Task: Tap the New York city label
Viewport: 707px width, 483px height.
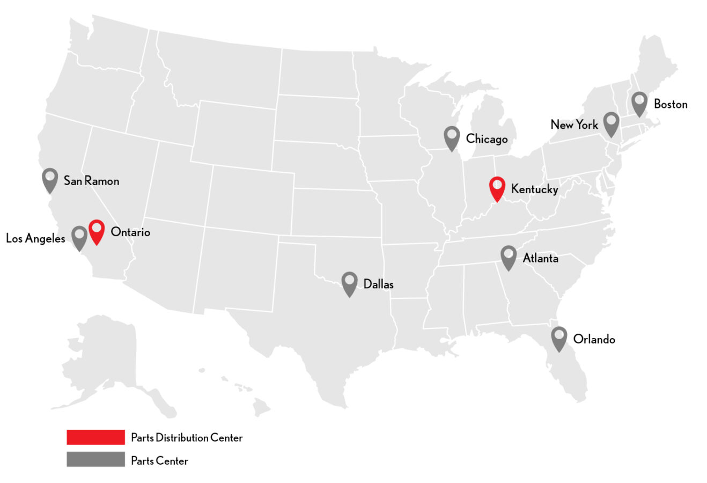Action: tap(574, 125)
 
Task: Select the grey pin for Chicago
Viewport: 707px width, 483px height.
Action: tap(452, 137)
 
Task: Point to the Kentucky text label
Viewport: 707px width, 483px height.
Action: tap(534, 189)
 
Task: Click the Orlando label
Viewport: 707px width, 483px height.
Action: tap(594, 339)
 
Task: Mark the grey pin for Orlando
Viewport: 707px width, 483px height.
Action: tap(559, 338)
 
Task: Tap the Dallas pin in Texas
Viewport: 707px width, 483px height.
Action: tap(349, 282)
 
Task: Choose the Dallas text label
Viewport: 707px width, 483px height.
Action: tap(378, 284)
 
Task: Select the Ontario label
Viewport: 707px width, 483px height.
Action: tap(130, 232)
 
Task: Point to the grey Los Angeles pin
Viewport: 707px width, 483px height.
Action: tap(79, 237)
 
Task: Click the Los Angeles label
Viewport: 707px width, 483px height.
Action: tap(35, 238)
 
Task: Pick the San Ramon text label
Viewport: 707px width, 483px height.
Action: tap(91, 181)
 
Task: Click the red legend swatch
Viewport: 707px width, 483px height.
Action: tap(95, 437)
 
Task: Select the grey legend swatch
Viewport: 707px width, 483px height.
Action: tap(95, 459)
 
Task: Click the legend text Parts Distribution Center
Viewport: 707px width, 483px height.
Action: tap(187, 438)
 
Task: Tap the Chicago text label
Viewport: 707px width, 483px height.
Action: tap(487, 140)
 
